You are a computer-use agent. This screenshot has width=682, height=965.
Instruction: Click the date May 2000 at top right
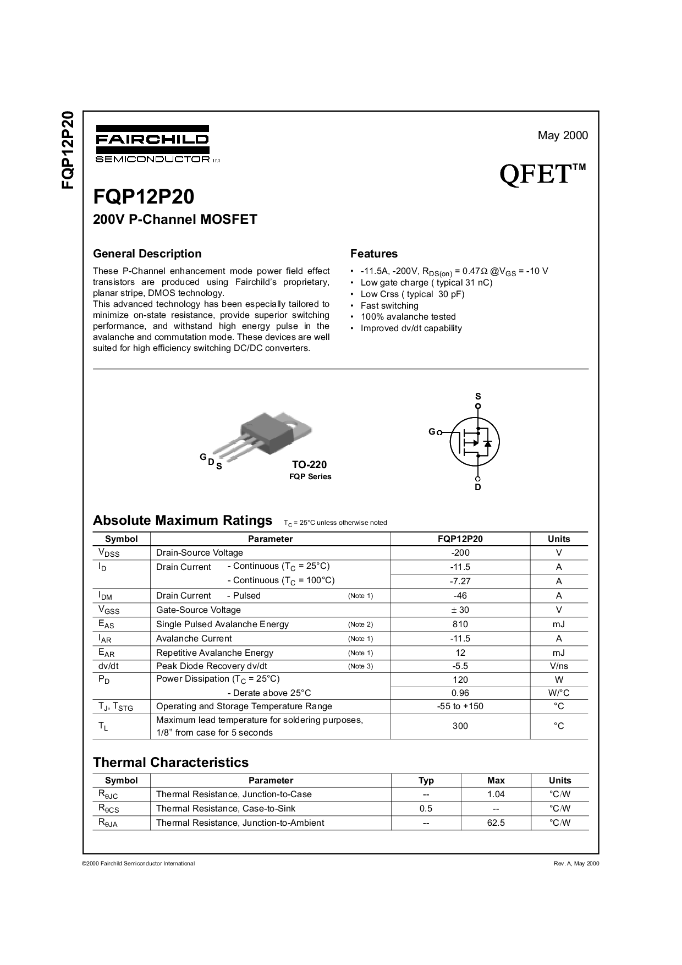(563, 135)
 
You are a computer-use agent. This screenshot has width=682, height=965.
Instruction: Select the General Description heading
(147, 254)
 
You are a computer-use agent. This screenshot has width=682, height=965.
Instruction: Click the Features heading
(374, 254)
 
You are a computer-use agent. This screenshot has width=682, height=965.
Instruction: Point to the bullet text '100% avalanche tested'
(408, 316)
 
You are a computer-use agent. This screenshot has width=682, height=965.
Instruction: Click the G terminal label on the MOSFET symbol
(432, 432)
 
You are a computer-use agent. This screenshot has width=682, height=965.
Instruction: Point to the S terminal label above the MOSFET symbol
(478, 396)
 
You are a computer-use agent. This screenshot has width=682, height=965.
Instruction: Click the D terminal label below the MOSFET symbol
(478, 487)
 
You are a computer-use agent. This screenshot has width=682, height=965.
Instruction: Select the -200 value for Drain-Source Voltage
(460, 553)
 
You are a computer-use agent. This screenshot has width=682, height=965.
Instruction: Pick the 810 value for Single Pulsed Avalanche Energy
(460, 624)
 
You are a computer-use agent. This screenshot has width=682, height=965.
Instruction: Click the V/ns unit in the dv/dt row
(559, 666)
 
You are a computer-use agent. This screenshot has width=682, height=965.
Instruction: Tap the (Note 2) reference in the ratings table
(360, 624)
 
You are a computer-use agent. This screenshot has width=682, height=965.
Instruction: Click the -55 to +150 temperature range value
(460, 706)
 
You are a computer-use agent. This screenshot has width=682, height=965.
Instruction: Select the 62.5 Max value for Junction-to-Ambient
(496, 823)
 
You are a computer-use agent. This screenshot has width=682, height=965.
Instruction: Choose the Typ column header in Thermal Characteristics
(426, 781)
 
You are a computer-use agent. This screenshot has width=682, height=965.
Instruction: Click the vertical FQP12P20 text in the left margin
(67, 150)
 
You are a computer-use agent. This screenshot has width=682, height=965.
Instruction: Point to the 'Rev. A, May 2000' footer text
(576, 864)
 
